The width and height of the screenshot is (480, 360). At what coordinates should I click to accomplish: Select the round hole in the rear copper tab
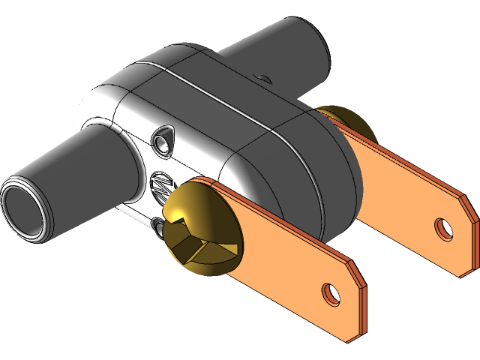coord(444,227)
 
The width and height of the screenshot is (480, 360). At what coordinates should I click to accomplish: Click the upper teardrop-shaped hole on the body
coord(163,139)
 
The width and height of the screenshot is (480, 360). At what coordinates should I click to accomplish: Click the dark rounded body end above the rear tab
coord(330,172)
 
